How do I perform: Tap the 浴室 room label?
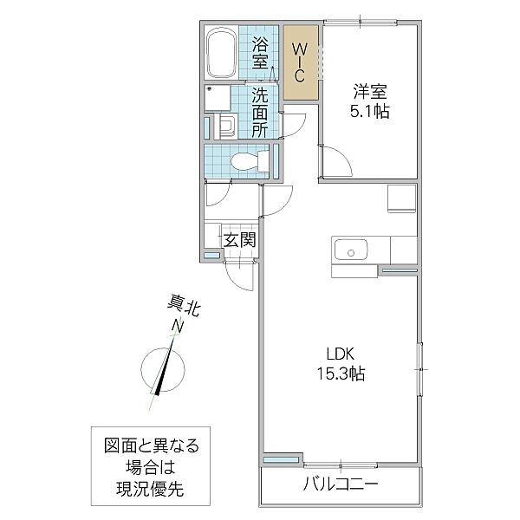click(x=260, y=54)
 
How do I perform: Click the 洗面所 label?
click(x=260, y=113)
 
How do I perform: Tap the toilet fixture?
click(x=246, y=161)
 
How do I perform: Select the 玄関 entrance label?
click(x=238, y=240)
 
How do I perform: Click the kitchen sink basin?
click(x=352, y=253)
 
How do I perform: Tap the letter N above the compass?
click(x=178, y=326)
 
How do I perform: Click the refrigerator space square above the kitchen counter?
click(x=402, y=199)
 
